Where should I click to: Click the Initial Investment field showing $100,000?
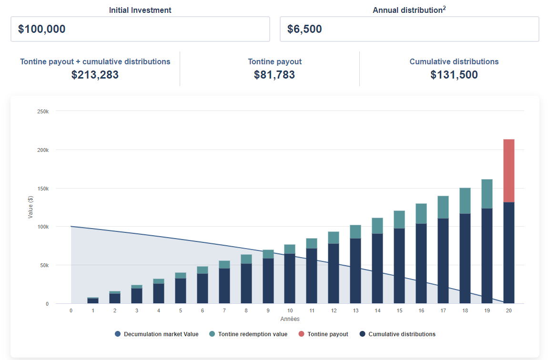(x=140, y=29)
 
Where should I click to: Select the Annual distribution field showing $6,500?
(x=409, y=29)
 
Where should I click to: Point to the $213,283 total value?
(x=95, y=75)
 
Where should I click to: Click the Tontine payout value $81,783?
(x=274, y=75)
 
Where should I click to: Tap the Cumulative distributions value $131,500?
(x=454, y=75)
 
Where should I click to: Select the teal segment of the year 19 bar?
(x=487, y=194)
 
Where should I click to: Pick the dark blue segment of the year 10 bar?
(x=290, y=279)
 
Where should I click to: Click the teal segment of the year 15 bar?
(x=399, y=220)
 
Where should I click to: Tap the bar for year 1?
(x=93, y=300)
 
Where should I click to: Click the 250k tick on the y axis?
(x=43, y=111)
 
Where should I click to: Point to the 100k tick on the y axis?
(x=43, y=227)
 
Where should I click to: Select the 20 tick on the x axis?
(x=509, y=310)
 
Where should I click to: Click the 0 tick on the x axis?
(x=71, y=310)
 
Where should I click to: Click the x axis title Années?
(x=290, y=319)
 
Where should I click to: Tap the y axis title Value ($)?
(x=30, y=207)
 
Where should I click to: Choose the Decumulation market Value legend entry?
(x=157, y=334)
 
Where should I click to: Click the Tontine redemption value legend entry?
(x=248, y=334)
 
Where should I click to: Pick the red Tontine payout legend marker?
(x=302, y=334)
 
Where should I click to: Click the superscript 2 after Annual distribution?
(x=444, y=8)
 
